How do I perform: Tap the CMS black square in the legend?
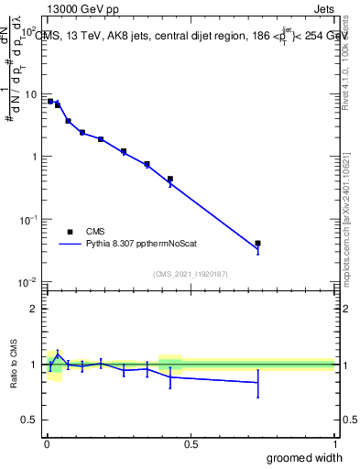[69, 232]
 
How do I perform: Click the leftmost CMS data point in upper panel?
[50, 101]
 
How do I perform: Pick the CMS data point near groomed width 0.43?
[170, 180]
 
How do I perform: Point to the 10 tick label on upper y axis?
[30, 94]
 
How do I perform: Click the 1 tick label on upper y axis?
[33, 157]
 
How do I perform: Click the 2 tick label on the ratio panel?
[33, 309]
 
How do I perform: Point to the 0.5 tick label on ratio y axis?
[28, 420]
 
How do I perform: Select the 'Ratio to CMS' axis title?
[13, 365]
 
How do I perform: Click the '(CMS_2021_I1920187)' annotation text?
[191, 274]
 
